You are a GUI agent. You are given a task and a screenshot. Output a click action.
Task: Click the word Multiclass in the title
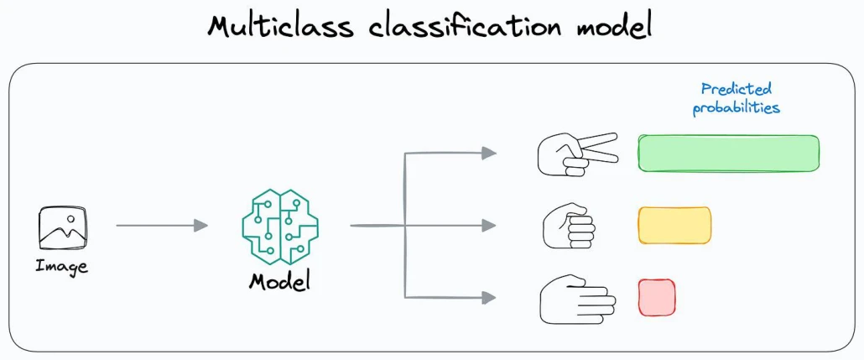click(x=280, y=27)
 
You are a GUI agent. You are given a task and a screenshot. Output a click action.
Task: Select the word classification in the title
click(x=465, y=27)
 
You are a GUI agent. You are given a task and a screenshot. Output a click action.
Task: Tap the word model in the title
click(x=614, y=27)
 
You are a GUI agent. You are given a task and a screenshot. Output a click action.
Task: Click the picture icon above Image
click(x=63, y=227)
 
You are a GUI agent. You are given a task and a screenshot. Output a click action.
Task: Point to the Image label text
click(x=62, y=268)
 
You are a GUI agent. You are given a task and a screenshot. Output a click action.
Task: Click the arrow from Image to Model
click(x=162, y=225)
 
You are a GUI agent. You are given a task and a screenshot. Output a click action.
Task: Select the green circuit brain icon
click(x=280, y=222)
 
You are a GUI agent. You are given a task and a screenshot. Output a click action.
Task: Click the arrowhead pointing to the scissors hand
click(x=489, y=154)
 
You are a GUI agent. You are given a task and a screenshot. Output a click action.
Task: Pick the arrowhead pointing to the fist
click(x=489, y=225)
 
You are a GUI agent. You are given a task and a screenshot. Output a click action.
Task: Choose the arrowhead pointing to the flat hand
click(x=489, y=298)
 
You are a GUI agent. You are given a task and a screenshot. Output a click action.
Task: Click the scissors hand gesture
click(x=577, y=154)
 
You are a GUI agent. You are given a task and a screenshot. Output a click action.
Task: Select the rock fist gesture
click(x=570, y=227)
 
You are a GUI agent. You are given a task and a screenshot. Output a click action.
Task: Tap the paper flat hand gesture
click(x=577, y=300)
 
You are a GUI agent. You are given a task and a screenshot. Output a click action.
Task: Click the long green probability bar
click(x=728, y=153)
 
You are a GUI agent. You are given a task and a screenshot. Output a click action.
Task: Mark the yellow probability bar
click(x=674, y=225)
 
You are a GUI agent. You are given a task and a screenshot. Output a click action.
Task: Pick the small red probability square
click(x=657, y=298)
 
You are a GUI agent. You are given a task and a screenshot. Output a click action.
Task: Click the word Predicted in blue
click(x=736, y=89)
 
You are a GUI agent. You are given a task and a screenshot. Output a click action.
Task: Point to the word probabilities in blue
click(x=736, y=107)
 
